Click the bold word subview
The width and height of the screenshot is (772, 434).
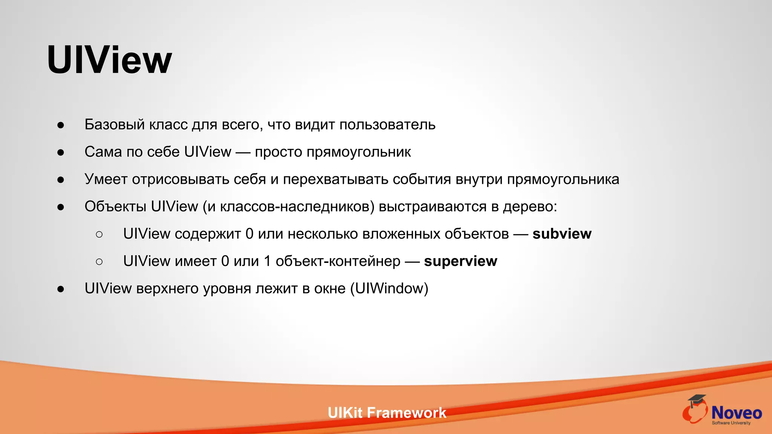click(x=562, y=234)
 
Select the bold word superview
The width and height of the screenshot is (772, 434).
click(x=460, y=261)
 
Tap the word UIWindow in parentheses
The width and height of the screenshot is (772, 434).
click(x=389, y=289)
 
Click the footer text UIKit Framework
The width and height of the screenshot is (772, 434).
click(x=387, y=413)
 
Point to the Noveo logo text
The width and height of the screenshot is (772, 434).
click(x=736, y=413)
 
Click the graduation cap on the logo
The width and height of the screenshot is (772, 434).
click(x=697, y=400)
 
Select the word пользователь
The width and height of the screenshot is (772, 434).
click(x=387, y=125)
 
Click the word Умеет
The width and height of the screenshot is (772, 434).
click(x=106, y=179)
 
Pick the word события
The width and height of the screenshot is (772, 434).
click(x=421, y=179)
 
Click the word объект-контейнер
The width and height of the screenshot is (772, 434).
click(x=338, y=261)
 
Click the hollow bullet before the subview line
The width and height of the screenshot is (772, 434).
click(x=99, y=234)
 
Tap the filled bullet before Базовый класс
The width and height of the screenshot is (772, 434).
click(x=61, y=125)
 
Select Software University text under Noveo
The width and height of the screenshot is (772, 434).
click(x=731, y=423)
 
